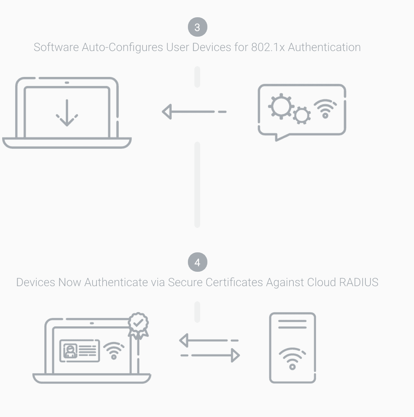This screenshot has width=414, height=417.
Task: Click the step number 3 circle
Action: (197, 27)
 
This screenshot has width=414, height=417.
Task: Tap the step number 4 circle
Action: (197, 262)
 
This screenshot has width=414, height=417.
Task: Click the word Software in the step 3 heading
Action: (56, 47)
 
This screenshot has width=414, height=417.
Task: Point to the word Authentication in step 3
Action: (324, 47)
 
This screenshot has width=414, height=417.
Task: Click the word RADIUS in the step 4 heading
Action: (359, 282)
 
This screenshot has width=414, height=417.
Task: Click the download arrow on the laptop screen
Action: (67, 113)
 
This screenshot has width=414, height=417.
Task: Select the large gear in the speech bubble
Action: (281, 106)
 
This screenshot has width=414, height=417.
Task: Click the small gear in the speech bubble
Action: (301, 115)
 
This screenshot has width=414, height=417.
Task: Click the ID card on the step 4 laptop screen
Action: (80, 350)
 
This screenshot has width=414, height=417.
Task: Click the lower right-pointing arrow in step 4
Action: (210, 356)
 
